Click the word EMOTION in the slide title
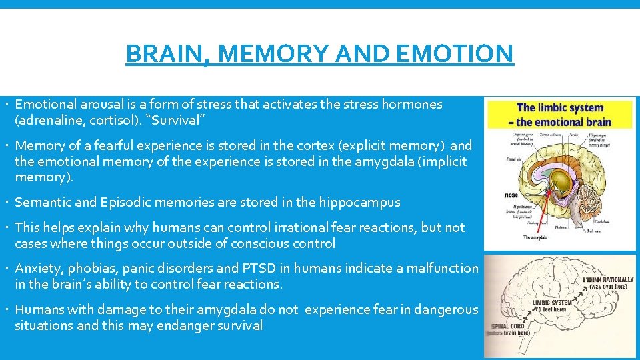coord(455,53)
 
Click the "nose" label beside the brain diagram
coord(511,195)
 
